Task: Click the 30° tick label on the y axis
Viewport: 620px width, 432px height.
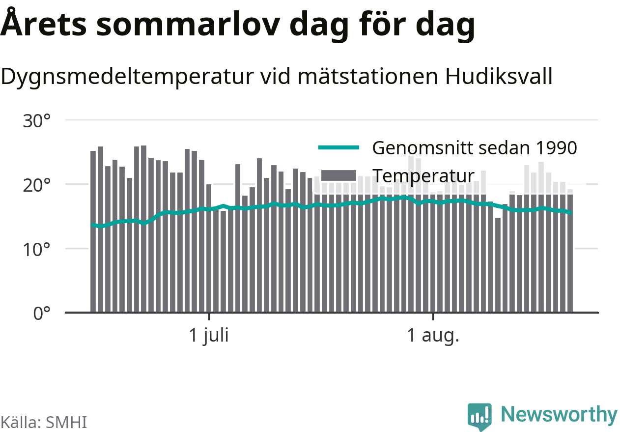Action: pos(36,121)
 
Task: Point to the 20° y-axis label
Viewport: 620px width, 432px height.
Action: pos(36,185)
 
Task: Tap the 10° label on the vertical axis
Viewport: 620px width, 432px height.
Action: pos(36,250)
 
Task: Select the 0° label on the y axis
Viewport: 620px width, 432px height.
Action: pos(42,314)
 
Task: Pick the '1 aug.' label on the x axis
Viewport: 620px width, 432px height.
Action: pos(433,336)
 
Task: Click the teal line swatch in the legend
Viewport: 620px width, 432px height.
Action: pos(338,147)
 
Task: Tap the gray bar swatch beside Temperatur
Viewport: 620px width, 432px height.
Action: pos(338,175)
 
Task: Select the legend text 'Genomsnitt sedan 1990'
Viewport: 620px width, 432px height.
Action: pos(475,148)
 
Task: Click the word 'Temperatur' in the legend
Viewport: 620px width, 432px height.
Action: pos(423,176)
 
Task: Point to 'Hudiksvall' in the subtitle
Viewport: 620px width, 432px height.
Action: pos(499,76)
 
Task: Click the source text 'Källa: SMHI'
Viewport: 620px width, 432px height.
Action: pos(44,422)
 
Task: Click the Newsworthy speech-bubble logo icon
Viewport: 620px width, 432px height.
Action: pos(479,416)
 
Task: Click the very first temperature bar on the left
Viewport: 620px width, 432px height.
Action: pos(93,231)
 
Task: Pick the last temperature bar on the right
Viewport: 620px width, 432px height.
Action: pos(570,251)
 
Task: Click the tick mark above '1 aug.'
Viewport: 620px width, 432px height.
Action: pos(433,316)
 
